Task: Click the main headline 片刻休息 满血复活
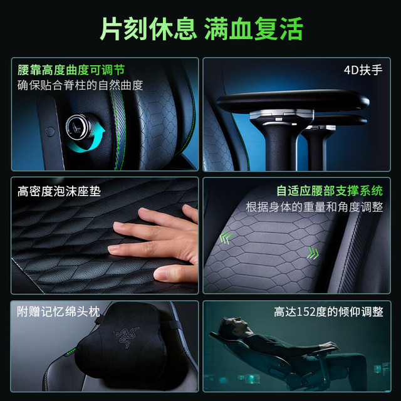(x=201, y=29)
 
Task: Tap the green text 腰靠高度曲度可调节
(x=71, y=70)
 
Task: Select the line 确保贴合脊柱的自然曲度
(x=80, y=85)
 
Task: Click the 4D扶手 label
(x=363, y=70)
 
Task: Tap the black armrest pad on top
(x=293, y=100)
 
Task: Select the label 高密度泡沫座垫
(x=59, y=192)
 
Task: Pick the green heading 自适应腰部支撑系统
(x=330, y=191)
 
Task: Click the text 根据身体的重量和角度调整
(x=315, y=207)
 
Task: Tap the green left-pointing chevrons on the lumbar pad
(x=226, y=237)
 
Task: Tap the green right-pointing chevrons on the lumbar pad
(x=313, y=253)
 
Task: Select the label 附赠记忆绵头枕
(x=58, y=312)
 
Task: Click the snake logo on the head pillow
(x=127, y=336)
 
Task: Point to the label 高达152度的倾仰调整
(x=328, y=312)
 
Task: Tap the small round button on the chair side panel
(x=49, y=132)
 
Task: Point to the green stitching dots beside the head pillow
(x=71, y=352)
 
